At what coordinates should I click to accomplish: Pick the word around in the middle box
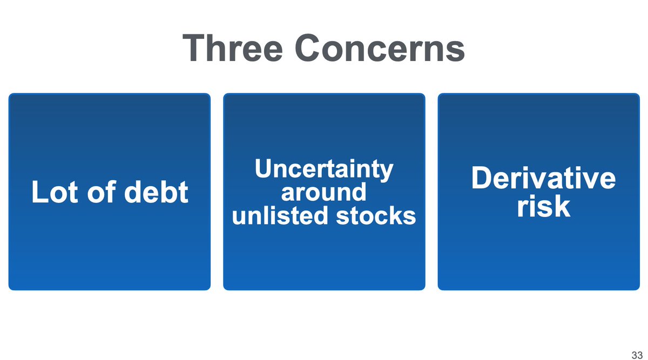324,193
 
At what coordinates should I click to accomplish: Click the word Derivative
543,179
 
